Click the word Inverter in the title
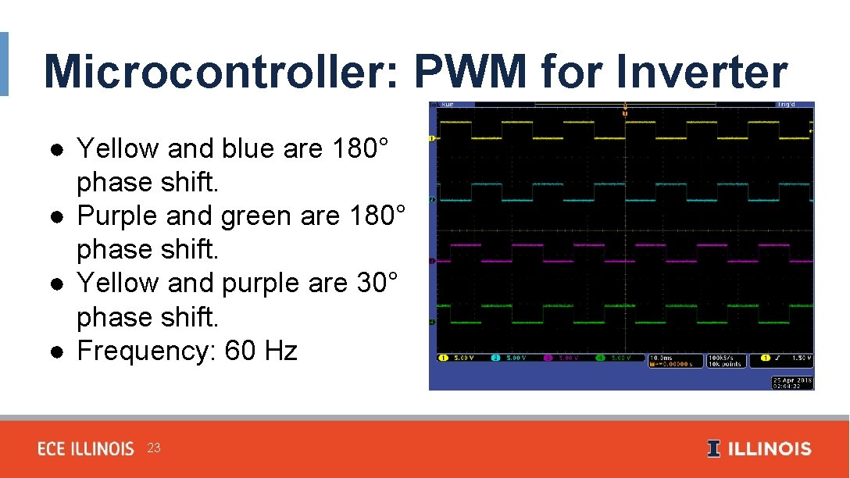click(x=701, y=72)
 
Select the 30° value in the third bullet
click(x=377, y=283)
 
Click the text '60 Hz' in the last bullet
click(x=261, y=351)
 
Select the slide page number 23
click(x=154, y=448)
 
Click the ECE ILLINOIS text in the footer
click(x=86, y=449)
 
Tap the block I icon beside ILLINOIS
click(x=713, y=449)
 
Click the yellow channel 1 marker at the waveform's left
click(x=433, y=138)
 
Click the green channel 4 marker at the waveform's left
click(x=433, y=321)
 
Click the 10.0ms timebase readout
click(x=661, y=358)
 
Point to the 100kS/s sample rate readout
click(x=724, y=358)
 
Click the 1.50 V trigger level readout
click(x=800, y=358)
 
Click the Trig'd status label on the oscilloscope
click(x=784, y=105)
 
